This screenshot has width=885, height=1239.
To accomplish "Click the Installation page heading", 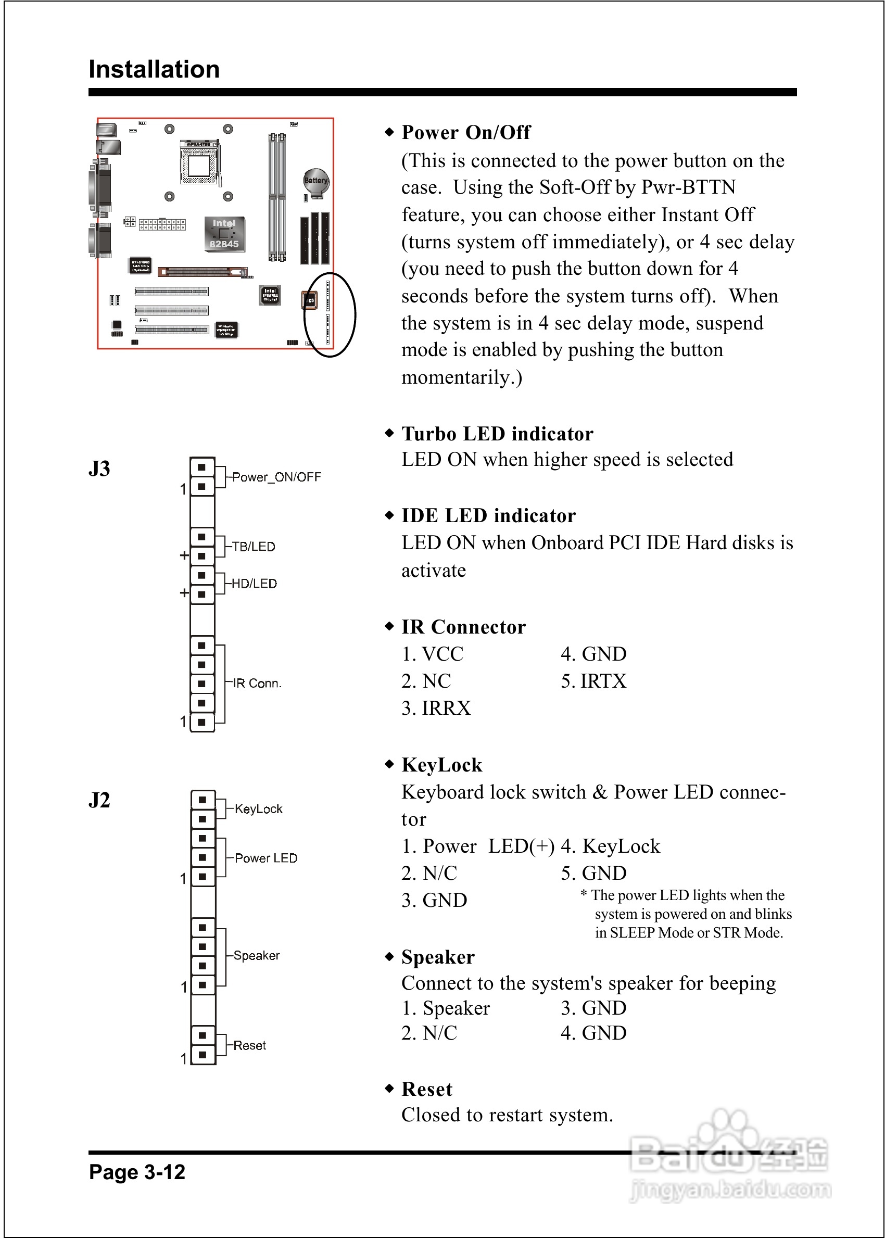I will pos(154,70).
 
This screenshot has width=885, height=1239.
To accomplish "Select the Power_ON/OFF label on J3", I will pos(276,477).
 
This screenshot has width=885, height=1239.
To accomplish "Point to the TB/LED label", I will pos(254,547).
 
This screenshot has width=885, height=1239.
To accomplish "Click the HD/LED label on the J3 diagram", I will pos(254,584).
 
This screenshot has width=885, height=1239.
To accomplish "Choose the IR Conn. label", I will pos(257,683).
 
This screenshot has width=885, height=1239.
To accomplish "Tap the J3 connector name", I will pos(99,469).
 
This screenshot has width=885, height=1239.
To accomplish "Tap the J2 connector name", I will pos(99,800).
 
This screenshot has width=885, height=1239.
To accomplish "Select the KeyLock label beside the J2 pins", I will pos(258,809).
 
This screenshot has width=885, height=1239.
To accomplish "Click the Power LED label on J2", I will pos(266,858).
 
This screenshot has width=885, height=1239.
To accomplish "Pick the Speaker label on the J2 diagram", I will pos(256,956).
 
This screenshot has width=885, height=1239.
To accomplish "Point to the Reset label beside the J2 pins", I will pos(249,1045).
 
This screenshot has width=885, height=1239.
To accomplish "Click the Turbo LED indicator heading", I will pos(497,434).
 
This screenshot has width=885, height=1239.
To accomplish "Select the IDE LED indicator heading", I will pos(488,515).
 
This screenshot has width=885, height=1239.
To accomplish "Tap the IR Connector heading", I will pos(463,627).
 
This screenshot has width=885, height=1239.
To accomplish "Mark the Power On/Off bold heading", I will pos(466,132).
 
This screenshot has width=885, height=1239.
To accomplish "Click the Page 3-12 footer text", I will pos(137,1172).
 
